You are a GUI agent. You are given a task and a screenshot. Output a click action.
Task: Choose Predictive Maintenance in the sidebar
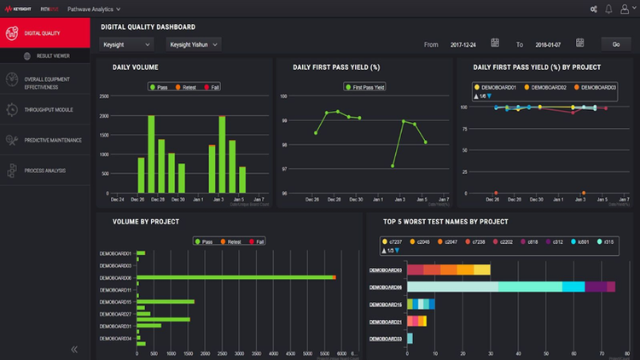(53, 140)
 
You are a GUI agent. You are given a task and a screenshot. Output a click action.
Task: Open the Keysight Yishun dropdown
(192, 44)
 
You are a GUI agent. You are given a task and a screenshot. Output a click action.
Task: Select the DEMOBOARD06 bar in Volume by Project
(235, 277)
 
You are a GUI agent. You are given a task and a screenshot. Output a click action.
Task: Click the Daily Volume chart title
(136, 67)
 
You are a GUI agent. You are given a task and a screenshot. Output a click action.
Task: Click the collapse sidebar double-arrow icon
(74, 348)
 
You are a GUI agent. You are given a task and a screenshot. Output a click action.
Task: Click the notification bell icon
(608, 9)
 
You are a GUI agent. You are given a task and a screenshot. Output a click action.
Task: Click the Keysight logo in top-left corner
(21, 9)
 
